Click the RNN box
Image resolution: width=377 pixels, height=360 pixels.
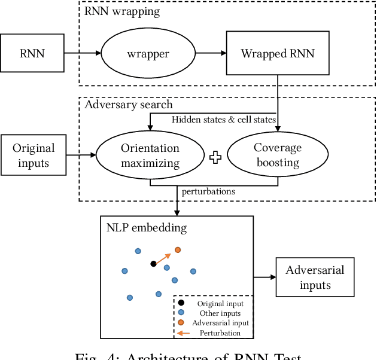click(32, 53)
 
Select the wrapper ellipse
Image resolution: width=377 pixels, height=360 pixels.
click(147, 54)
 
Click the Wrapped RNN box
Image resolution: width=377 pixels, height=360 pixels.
click(278, 54)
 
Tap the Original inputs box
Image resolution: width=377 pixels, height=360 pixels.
click(34, 155)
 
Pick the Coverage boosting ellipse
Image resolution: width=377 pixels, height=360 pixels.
click(276, 155)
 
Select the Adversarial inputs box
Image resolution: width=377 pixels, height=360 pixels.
click(315, 277)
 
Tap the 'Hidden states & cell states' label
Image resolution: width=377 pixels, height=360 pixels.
click(223, 120)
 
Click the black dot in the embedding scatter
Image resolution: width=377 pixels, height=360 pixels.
click(153, 263)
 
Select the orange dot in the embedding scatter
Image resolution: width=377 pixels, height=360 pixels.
click(177, 249)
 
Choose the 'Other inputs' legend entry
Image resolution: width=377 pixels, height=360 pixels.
click(220, 313)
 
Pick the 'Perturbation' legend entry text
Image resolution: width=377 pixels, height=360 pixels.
click(220, 332)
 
